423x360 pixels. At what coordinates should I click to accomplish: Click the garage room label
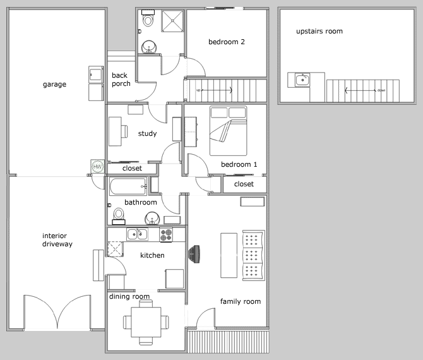pyautogui.click(x=54, y=85)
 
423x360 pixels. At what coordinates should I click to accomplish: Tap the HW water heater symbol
pyautogui.click(x=97, y=167)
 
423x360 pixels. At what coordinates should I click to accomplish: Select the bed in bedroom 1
pyautogui.click(x=228, y=131)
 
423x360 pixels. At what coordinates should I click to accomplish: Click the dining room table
pyautogui.click(x=146, y=322)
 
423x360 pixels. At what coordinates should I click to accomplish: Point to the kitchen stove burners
pyautogui.click(x=166, y=235)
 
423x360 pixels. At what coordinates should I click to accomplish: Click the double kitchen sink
pyautogui.click(x=137, y=234)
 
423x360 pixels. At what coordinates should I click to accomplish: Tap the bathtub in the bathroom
pyautogui.click(x=128, y=186)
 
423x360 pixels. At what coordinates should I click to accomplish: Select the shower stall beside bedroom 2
pyautogui.click(x=172, y=21)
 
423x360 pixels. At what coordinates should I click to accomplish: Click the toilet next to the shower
pyautogui.click(x=148, y=18)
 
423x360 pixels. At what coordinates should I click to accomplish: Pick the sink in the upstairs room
pyautogui.click(x=302, y=80)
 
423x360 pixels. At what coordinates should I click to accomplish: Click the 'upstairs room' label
pyautogui.click(x=319, y=32)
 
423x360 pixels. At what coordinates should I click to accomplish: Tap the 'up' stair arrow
pyautogui.click(x=217, y=90)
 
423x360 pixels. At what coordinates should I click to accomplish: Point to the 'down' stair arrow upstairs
pyautogui.click(x=360, y=90)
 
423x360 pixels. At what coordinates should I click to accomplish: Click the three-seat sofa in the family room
pyautogui.click(x=253, y=256)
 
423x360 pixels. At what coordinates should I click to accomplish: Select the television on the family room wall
pyautogui.click(x=194, y=254)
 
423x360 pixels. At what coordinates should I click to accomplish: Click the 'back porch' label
pyautogui.click(x=121, y=80)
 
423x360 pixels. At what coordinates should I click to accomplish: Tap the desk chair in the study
pyautogui.click(x=124, y=131)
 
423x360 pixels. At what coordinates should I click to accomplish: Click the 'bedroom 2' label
pyautogui.click(x=227, y=42)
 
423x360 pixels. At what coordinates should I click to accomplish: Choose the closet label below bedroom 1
pyautogui.click(x=244, y=184)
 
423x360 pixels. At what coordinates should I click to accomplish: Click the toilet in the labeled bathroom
pyautogui.click(x=119, y=216)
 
